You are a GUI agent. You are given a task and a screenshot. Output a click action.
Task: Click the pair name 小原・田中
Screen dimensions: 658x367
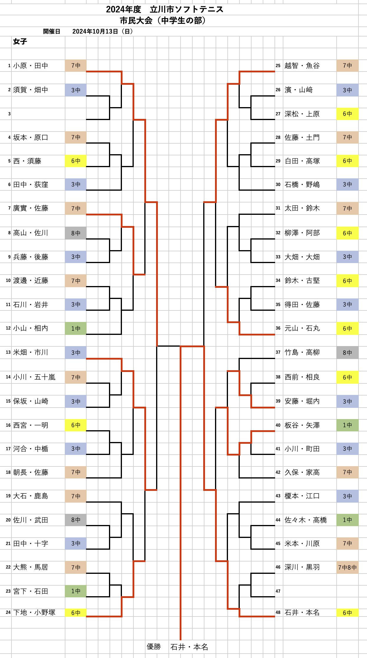point(31,66)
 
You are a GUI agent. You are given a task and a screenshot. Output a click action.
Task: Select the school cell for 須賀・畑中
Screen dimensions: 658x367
point(76,90)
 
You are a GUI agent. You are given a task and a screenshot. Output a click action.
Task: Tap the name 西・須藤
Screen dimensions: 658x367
point(27,161)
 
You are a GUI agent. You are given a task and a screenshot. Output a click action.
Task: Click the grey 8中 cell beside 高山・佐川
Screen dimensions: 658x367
point(76,233)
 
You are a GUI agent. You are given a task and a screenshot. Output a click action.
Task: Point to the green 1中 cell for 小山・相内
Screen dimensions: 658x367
point(76,328)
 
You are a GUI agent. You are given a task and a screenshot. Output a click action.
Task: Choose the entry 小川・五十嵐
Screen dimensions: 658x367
point(34,377)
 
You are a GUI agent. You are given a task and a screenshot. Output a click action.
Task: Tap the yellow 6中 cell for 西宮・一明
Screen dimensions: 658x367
point(76,425)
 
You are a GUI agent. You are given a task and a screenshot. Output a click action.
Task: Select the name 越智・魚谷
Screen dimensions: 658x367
point(302,66)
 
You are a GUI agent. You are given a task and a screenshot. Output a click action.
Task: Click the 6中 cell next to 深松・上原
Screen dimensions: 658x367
point(347,114)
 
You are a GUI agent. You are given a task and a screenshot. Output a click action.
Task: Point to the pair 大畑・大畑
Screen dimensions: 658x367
point(302,257)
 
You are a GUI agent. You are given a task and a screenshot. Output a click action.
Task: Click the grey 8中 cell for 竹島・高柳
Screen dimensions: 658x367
point(347,353)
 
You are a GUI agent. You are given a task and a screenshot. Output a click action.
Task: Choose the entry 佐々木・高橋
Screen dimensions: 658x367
point(305,520)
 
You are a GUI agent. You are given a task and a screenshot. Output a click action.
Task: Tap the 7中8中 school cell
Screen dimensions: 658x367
point(347,567)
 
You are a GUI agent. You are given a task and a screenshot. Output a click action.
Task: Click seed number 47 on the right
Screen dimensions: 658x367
point(278,591)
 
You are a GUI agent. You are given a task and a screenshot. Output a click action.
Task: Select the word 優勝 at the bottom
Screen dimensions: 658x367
point(154,647)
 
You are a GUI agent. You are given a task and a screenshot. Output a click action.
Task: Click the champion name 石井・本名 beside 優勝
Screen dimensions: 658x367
point(189,647)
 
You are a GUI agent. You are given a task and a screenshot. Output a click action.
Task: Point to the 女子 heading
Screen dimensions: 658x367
point(20,41)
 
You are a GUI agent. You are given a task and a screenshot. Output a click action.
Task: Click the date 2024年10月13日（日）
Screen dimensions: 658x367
point(102,31)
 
